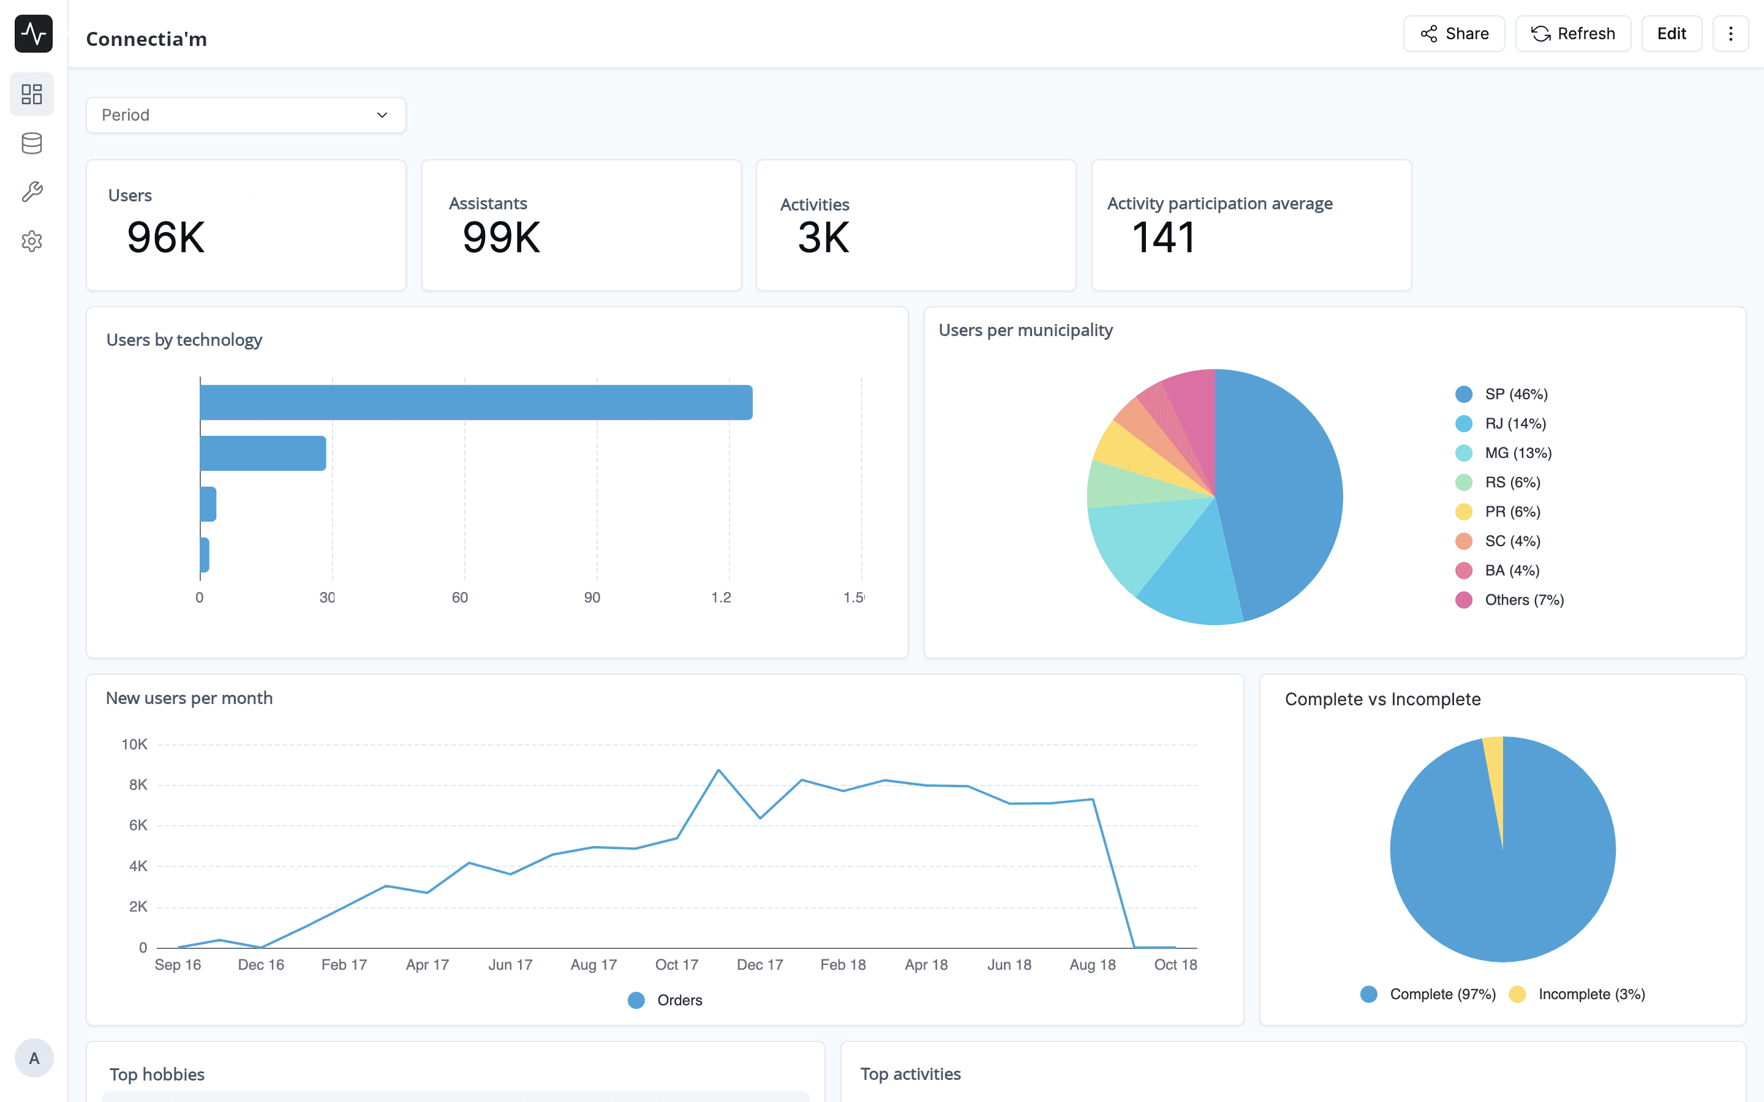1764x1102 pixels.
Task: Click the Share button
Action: click(1453, 34)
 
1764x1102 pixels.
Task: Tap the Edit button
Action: click(1671, 34)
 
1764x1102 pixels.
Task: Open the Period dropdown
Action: click(246, 115)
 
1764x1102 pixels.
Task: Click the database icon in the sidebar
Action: click(32, 144)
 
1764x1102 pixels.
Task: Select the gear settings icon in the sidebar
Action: click(32, 241)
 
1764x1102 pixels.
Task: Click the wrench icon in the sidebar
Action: click(32, 192)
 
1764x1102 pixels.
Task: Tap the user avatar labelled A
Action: click(34, 1057)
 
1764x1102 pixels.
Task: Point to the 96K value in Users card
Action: click(166, 238)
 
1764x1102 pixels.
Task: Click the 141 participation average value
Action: click(1163, 238)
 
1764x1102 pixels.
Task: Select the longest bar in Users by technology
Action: click(476, 402)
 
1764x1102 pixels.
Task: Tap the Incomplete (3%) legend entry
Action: click(1577, 994)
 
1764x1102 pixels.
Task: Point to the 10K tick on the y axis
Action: click(134, 744)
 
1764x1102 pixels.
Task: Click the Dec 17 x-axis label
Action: click(759, 964)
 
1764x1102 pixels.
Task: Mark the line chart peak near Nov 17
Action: click(718, 770)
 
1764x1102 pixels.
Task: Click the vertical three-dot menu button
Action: click(1730, 34)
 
